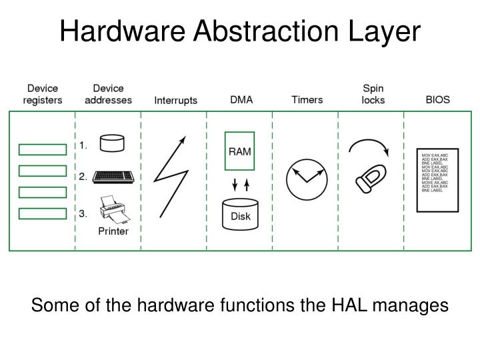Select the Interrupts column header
(176, 101)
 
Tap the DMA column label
(241, 100)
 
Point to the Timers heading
(307, 100)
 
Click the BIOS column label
(437, 100)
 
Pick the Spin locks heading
(373, 94)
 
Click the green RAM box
(240, 151)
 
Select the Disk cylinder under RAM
(240, 213)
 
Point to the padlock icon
(369, 177)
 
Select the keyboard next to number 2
(113, 177)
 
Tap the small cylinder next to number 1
(111, 143)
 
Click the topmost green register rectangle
(42, 149)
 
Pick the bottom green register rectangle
(42, 213)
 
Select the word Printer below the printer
(113, 231)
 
